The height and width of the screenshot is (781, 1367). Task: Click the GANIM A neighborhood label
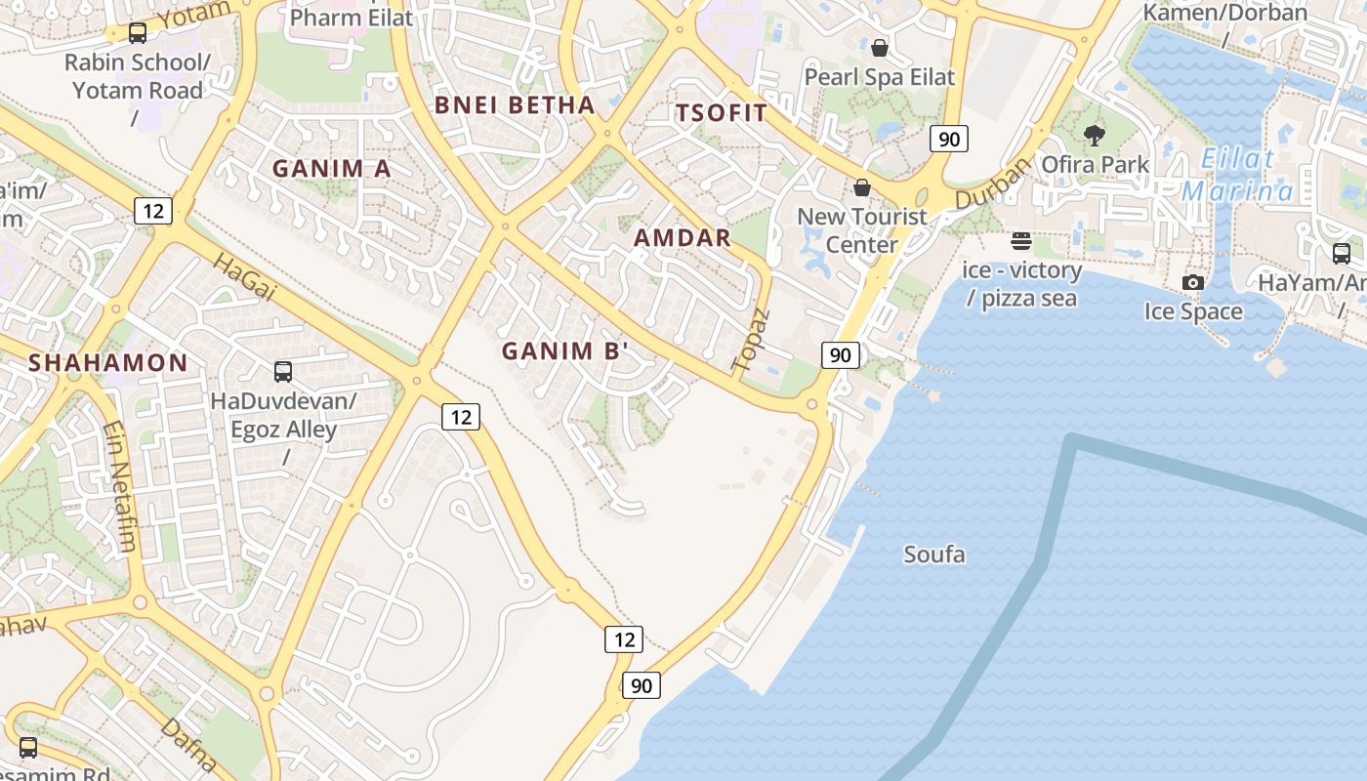[x=331, y=168]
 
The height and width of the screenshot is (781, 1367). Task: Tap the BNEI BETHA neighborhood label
[x=514, y=105]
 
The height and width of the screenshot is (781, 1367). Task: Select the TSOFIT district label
[x=722, y=112]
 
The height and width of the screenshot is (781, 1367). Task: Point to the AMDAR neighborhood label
[x=682, y=237]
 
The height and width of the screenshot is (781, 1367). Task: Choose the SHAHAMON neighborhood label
[x=107, y=363]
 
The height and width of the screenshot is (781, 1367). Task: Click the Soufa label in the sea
[x=933, y=555]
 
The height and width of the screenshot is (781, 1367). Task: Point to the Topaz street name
[x=751, y=340]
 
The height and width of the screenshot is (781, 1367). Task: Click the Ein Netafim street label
[x=119, y=486]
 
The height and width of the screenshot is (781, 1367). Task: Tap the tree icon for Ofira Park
[x=1095, y=135]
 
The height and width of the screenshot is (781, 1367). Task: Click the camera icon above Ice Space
[x=1192, y=283]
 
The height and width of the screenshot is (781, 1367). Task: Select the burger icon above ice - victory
[x=1021, y=240]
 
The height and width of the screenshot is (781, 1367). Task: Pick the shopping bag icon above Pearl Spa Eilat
[x=879, y=47]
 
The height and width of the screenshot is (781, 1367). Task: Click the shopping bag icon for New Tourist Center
[x=861, y=186]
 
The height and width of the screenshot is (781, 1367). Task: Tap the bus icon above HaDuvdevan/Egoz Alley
[x=282, y=371]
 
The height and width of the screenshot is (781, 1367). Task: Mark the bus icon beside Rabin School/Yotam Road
[x=138, y=33]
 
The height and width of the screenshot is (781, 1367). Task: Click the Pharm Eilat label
[x=351, y=17]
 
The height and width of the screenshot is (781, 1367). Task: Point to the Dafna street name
[x=187, y=744]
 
